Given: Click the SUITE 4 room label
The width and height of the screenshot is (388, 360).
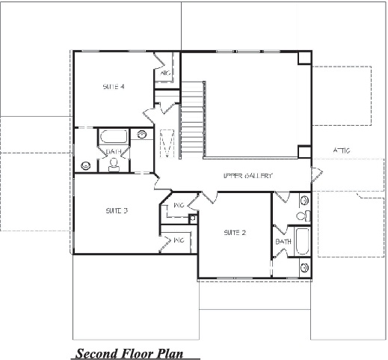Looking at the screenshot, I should click(x=114, y=87).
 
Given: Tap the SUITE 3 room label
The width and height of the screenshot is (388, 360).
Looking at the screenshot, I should click(x=117, y=211).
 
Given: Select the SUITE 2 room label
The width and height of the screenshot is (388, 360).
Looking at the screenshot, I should click(x=235, y=233).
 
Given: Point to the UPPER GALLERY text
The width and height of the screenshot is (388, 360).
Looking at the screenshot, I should click(x=247, y=175).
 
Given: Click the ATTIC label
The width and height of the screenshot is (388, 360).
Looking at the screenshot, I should click(x=342, y=150).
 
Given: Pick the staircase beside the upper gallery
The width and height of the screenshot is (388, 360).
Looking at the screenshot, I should click(x=193, y=120).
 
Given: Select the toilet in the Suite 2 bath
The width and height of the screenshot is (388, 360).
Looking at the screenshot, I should click(x=301, y=216).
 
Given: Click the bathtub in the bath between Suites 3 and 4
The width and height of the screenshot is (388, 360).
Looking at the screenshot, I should click(x=114, y=138).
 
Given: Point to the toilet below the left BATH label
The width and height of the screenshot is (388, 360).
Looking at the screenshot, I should click(x=114, y=165).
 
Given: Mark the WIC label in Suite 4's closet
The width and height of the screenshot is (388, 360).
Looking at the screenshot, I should click(x=167, y=73).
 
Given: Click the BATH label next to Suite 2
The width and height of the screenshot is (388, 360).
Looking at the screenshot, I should click(x=283, y=242).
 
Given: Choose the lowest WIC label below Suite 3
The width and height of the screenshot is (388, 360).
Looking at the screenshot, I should click(x=179, y=240).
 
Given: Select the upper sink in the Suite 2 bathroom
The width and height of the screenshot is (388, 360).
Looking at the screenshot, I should click(x=304, y=201).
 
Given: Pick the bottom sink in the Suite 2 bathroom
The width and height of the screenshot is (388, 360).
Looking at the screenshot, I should click(x=304, y=267).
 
